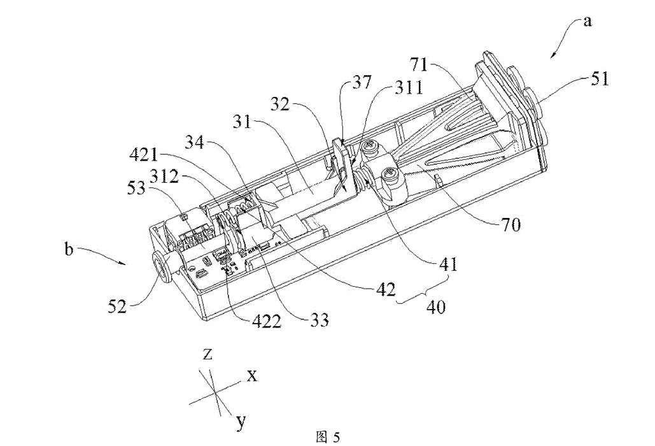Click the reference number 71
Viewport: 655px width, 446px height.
[419, 65]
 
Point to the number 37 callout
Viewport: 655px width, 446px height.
[361, 82]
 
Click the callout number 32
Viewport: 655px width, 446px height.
[280, 103]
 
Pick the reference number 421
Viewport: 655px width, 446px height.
[144, 155]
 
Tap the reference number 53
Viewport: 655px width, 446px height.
[136, 188]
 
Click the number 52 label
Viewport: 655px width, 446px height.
[117, 307]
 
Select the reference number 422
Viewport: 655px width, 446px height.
[267, 321]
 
